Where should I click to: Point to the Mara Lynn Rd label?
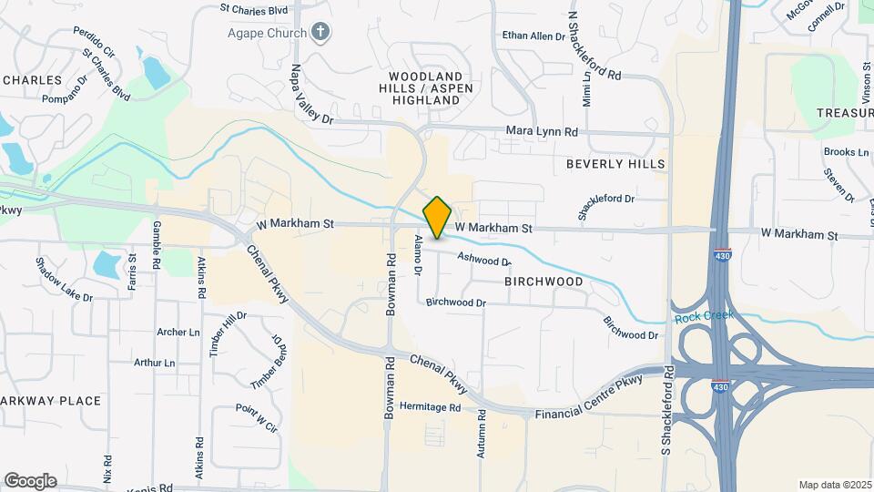(x=543, y=132)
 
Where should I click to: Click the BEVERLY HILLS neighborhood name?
(x=615, y=164)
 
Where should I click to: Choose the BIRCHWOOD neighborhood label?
(x=544, y=282)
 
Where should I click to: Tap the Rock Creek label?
(x=704, y=317)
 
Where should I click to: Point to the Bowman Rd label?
(x=390, y=284)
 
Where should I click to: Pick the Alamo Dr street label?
(x=418, y=255)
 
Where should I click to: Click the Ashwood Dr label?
(x=483, y=260)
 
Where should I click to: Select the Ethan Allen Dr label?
(x=534, y=36)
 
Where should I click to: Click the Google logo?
(x=30, y=481)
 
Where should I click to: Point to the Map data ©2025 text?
(x=834, y=485)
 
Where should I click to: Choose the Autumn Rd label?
(x=482, y=434)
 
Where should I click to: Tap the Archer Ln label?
(x=178, y=333)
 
